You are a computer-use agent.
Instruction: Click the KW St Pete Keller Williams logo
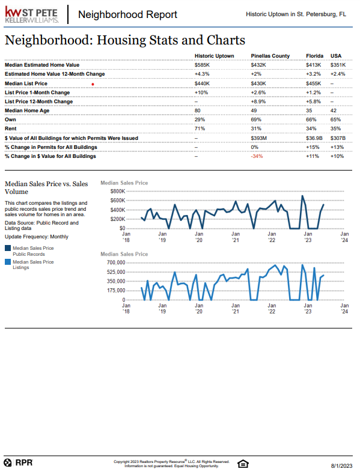tap(31, 15)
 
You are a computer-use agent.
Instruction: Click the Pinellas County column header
tap(270, 56)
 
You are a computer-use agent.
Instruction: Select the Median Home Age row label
tap(27, 110)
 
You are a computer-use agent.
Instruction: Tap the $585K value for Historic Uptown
tap(202, 65)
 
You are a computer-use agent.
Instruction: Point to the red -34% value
tap(257, 156)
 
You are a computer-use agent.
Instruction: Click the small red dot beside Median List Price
tap(93, 84)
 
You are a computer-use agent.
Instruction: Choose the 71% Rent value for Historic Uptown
tap(200, 129)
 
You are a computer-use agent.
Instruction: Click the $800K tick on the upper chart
tap(118, 191)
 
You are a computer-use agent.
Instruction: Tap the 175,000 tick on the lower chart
tap(116, 291)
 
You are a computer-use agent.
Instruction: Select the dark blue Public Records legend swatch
tap(8, 248)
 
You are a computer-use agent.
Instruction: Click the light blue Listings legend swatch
tap(8, 262)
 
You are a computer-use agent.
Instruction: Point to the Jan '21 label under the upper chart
tap(236, 237)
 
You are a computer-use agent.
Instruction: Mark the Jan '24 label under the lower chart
tap(344, 309)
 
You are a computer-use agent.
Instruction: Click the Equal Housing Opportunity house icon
tap(243, 464)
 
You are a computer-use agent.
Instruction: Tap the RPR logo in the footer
tap(18, 462)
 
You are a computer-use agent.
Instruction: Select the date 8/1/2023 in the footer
tap(341, 466)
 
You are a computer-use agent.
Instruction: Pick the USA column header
tap(336, 56)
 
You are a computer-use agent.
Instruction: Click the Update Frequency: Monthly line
tap(37, 237)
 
